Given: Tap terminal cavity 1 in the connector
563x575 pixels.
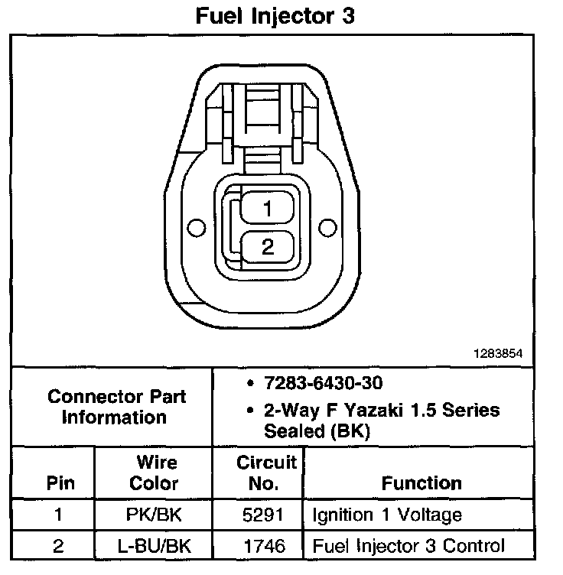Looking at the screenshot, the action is click(267, 208).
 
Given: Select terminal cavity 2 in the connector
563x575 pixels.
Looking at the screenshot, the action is click(267, 246).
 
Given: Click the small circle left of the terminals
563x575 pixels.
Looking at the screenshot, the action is click(196, 227).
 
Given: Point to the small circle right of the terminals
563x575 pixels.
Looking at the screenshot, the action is click(328, 227).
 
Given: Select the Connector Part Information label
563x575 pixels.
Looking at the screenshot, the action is click(116, 407).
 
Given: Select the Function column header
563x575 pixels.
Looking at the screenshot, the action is click(421, 483).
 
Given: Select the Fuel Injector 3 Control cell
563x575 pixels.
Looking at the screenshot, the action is click(408, 546).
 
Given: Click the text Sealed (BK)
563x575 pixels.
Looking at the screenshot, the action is click(317, 430).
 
